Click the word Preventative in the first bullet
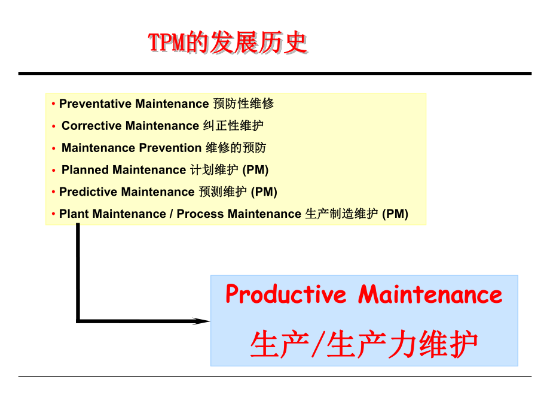click(x=96, y=104)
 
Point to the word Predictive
click(x=88, y=192)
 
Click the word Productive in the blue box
click(x=285, y=294)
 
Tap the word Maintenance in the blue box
click(x=430, y=294)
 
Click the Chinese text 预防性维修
click(x=243, y=104)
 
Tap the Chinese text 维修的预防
click(x=236, y=148)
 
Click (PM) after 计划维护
click(x=256, y=170)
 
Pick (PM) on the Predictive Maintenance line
click(x=264, y=192)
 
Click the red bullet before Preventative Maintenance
click(x=54, y=104)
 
